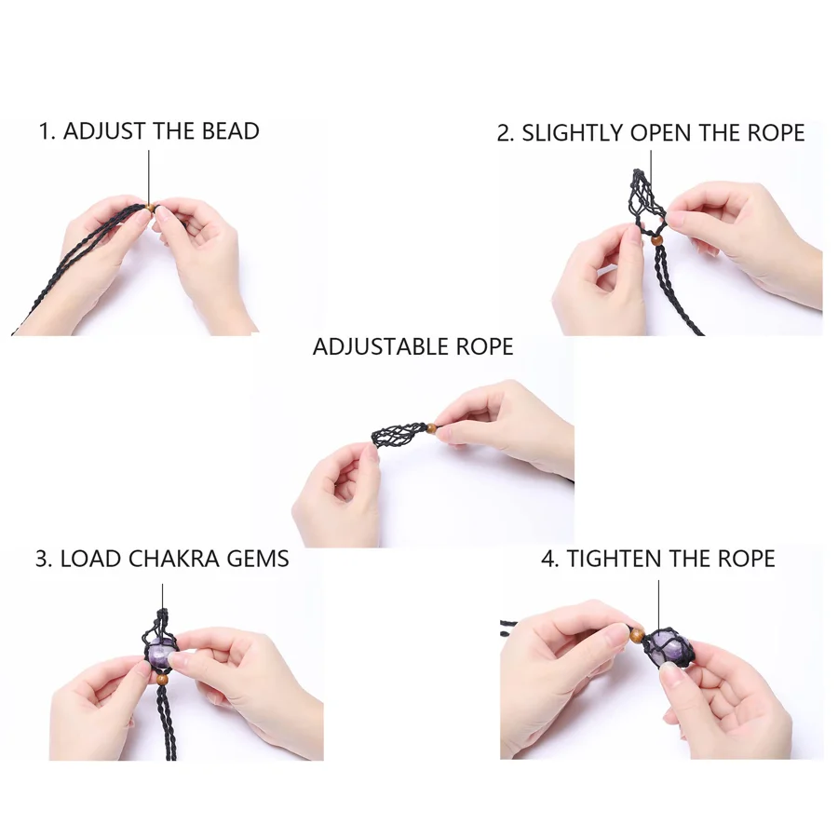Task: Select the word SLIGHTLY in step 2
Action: [x=573, y=133]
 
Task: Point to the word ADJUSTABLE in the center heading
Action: [x=381, y=347]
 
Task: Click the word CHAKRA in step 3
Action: [x=174, y=559]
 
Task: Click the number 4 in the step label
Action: [x=547, y=559]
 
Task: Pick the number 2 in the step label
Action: [x=504, y=133]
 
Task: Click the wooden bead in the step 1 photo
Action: [x=151, y=208]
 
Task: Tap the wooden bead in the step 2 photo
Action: [x=656, y=240]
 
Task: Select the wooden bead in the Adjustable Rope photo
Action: [x=431, y=427]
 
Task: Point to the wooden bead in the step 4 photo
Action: [x=637, y=635]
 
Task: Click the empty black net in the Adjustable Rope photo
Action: [x=399, y=435]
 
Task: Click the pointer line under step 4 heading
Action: [x=658, y=605]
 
